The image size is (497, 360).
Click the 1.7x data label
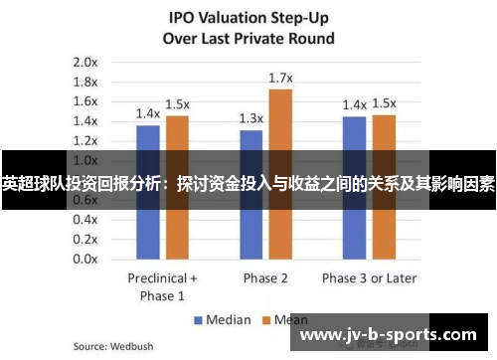(x=281, y=78)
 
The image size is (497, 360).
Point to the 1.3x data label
(x=250, y=118)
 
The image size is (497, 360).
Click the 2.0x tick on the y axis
(x=85, y=62)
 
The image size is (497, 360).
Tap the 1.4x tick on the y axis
(x=85, y=120)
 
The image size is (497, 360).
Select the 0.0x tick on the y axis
(x=85, y=259)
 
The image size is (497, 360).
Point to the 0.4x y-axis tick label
(x=85, y=219)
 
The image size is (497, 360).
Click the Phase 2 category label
(x=265, y=277)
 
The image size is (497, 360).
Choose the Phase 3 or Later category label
(x=370, y=277)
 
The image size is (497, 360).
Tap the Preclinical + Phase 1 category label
(x=163, y=286)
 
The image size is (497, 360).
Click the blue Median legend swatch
(x=199, y=320)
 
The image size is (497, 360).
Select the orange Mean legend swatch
(x=265, y=320)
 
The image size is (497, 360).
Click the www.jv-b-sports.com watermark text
(x=392, y=335)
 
